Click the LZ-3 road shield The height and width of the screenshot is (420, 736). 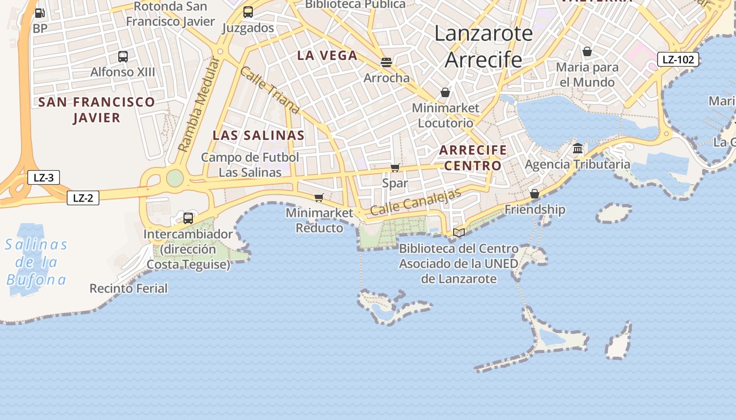pos(44,177)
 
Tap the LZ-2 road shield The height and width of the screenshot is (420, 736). pos(83,198)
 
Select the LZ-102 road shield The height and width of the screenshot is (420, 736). pos(678,59)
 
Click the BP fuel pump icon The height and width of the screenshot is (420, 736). pos(39,13)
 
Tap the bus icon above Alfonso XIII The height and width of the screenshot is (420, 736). pos(123,57)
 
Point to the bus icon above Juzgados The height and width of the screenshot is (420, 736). pos(248,12)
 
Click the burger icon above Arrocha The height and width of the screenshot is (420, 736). pos(386,62)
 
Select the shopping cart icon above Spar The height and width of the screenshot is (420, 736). pos(395,168)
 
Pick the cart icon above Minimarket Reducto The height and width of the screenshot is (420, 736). pos(319,198)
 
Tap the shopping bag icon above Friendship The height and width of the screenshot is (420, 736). pos(535,194)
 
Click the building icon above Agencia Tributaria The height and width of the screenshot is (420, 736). pos(578,149)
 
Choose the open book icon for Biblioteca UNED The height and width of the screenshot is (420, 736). pos(459,233)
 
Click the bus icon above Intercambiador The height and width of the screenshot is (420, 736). pos(188,218)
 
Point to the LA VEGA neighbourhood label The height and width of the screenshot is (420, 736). pos(327,55)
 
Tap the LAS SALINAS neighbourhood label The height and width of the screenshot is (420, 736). pos(259,135)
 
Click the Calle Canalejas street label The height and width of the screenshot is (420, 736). pos(415,202)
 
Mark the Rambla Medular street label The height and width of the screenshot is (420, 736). pos(198,105)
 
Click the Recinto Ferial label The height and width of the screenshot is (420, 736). pos(128,288)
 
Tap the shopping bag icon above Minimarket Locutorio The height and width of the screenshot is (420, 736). pos(445,93)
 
